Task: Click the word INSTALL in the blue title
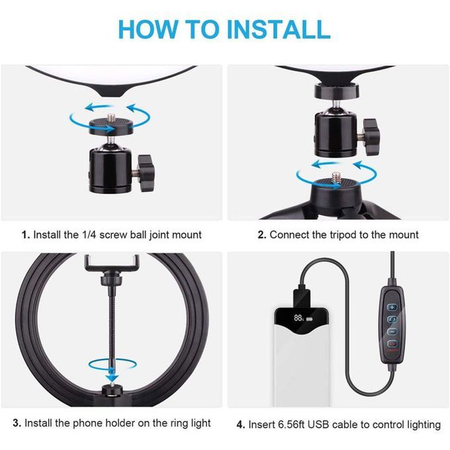tap(279, 29)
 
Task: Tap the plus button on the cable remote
tap(392, 307)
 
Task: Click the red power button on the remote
tap(392, 343)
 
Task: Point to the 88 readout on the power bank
tap(298, 318)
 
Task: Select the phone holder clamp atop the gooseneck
tap(112, 263)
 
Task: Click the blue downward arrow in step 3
tap(112, 375)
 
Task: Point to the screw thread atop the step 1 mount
tap(111, 118)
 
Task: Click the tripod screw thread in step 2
tap(336, 177)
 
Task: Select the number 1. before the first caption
tap(26, 235)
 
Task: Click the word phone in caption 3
tap(87, 424)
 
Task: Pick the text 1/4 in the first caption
tap(89, 235)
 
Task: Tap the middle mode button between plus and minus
tap(392, 319)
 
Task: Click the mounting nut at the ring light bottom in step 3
tap(112, 391)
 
